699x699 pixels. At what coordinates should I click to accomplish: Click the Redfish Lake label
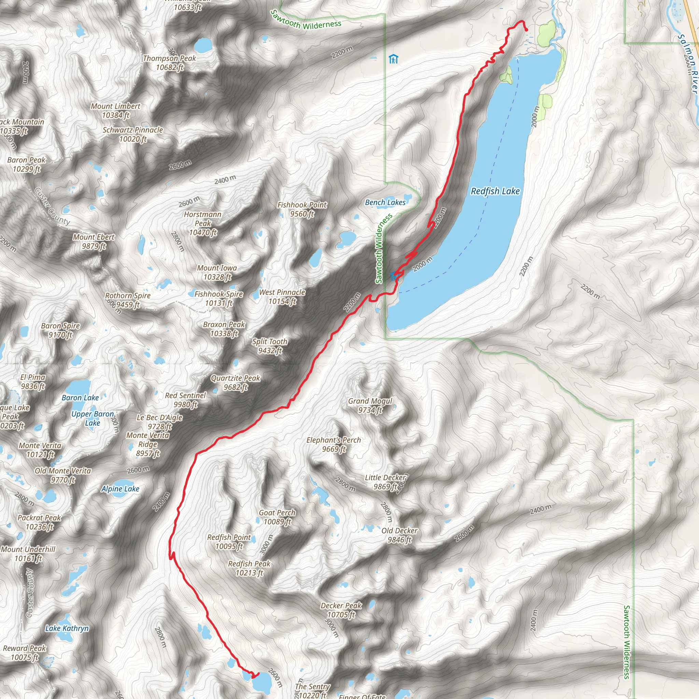pos(495,191)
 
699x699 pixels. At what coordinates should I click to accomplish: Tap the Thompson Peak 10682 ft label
pos(169,62)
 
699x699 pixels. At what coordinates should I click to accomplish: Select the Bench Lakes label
pos(385,203)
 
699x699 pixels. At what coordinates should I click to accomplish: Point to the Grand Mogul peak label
pos(370,405)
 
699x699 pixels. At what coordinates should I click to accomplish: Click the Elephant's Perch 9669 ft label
pos(333,444)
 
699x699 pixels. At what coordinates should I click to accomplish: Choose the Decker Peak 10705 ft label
pos(341,610)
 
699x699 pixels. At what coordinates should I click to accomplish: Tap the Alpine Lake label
pos(120,489)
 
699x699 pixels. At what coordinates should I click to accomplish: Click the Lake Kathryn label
pos(67,628)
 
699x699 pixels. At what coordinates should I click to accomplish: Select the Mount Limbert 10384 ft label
pos(115,111)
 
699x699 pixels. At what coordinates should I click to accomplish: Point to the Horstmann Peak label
pos(203,223)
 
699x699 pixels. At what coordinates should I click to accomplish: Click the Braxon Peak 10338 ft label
pos(224,329)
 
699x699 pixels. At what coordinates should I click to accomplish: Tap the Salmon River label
pos(687,63)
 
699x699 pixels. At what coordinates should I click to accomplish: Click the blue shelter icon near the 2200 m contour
pos(393,59)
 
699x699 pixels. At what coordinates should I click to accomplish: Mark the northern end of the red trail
pos(526,30)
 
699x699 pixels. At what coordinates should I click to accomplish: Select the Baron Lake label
pos(80,398)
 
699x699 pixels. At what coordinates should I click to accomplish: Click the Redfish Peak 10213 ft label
pos(249,568)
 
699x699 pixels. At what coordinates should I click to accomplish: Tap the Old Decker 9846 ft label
pos(399,535)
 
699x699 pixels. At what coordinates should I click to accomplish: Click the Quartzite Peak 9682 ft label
pos(235,382)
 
